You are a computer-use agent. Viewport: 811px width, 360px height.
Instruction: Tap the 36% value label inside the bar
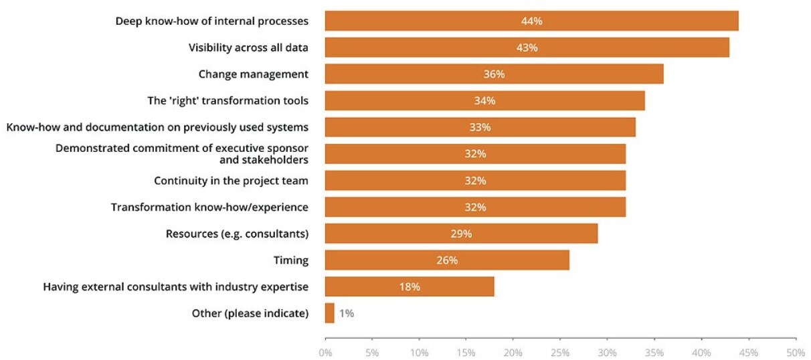point(494,74)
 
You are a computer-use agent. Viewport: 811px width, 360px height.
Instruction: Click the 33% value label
point(480,127)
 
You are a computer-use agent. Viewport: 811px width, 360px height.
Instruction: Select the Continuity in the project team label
point(231,181)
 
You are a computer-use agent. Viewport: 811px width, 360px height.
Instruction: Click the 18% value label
point(410,287)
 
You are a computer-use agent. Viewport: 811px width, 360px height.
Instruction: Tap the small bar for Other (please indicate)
point(329,313)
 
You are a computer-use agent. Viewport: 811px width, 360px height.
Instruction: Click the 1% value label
point(346,313)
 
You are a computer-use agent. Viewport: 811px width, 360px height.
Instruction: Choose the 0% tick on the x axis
point(325,351)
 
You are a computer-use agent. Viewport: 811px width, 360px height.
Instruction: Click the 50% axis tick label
point(796,351)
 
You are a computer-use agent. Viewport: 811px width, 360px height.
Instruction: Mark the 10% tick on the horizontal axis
point(420,351)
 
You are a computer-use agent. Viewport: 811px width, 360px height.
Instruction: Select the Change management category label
point(254,74)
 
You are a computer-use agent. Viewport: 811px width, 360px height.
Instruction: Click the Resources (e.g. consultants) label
point(237,234)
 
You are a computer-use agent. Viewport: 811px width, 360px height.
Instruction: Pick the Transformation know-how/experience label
point(209,207)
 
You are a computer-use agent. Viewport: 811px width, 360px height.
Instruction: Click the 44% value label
point(531,21)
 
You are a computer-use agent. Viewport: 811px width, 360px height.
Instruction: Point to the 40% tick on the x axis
point(702,351)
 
